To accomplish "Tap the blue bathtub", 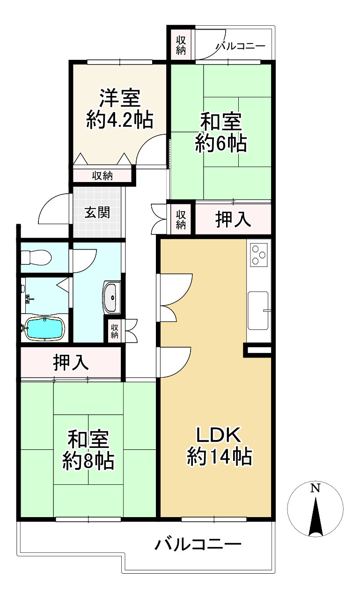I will point(44,329).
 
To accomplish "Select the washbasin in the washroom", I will point(111,298).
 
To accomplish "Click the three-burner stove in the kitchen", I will point(259,256).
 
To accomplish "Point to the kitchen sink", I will point(258,309).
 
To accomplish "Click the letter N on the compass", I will point(316,489).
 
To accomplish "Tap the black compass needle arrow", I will point(316,517).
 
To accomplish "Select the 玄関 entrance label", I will point(97,212).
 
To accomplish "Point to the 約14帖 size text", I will point(219,456).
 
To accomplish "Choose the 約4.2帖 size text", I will point(119,121).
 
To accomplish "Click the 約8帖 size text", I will point(88,461).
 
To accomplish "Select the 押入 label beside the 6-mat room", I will point(233,220).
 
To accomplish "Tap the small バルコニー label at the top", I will point(241,46).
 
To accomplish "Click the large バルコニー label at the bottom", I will point(198,545).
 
